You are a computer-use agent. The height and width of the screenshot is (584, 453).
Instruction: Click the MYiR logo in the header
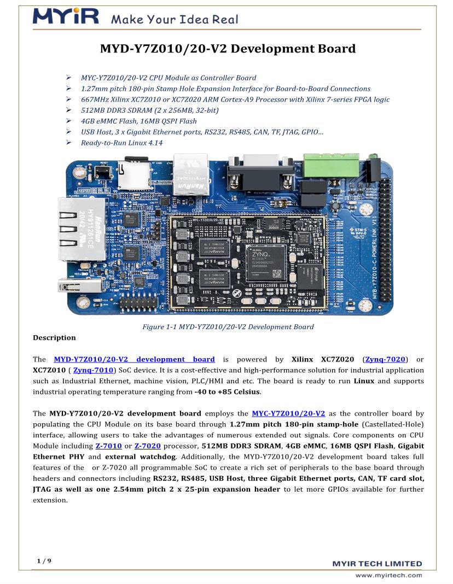click(x=66, y=16)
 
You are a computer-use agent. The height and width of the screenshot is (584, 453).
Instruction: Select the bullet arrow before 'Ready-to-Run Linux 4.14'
click(x=69, y=143)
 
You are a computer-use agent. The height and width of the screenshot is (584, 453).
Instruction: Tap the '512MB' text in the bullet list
click(x=91, y=110)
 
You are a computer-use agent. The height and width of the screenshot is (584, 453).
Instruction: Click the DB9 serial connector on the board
click(x=254, y=170)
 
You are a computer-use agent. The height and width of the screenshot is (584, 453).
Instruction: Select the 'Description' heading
click(x=54, y=337)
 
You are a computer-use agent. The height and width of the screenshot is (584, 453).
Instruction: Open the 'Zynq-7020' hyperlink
click(x=386, y=359)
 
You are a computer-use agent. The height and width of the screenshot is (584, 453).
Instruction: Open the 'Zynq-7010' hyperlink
click(x=94, y=370)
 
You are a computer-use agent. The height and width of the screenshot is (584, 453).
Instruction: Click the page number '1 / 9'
click(x=44, y=561)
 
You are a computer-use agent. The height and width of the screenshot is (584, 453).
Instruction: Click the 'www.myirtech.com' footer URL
click(x=388, y=575)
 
